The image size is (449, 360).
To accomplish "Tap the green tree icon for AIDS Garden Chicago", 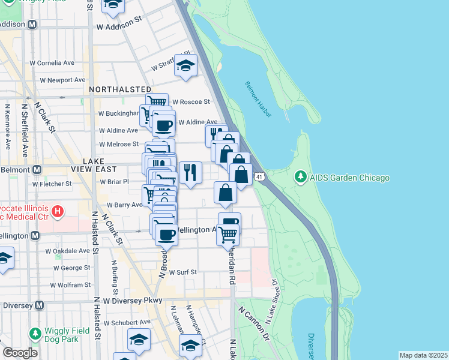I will point(300,178).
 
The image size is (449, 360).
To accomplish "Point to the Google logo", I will point(19,353).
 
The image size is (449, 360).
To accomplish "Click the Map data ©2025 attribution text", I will point(423,355).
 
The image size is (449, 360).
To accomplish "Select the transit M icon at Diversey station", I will point(40,305).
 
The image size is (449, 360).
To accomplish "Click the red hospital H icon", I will point(57,211).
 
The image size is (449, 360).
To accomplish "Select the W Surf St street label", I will point(182,272).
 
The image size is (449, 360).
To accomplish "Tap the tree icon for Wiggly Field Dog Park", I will point(35,333).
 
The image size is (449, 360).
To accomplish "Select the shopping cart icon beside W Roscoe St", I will point(156,101).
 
